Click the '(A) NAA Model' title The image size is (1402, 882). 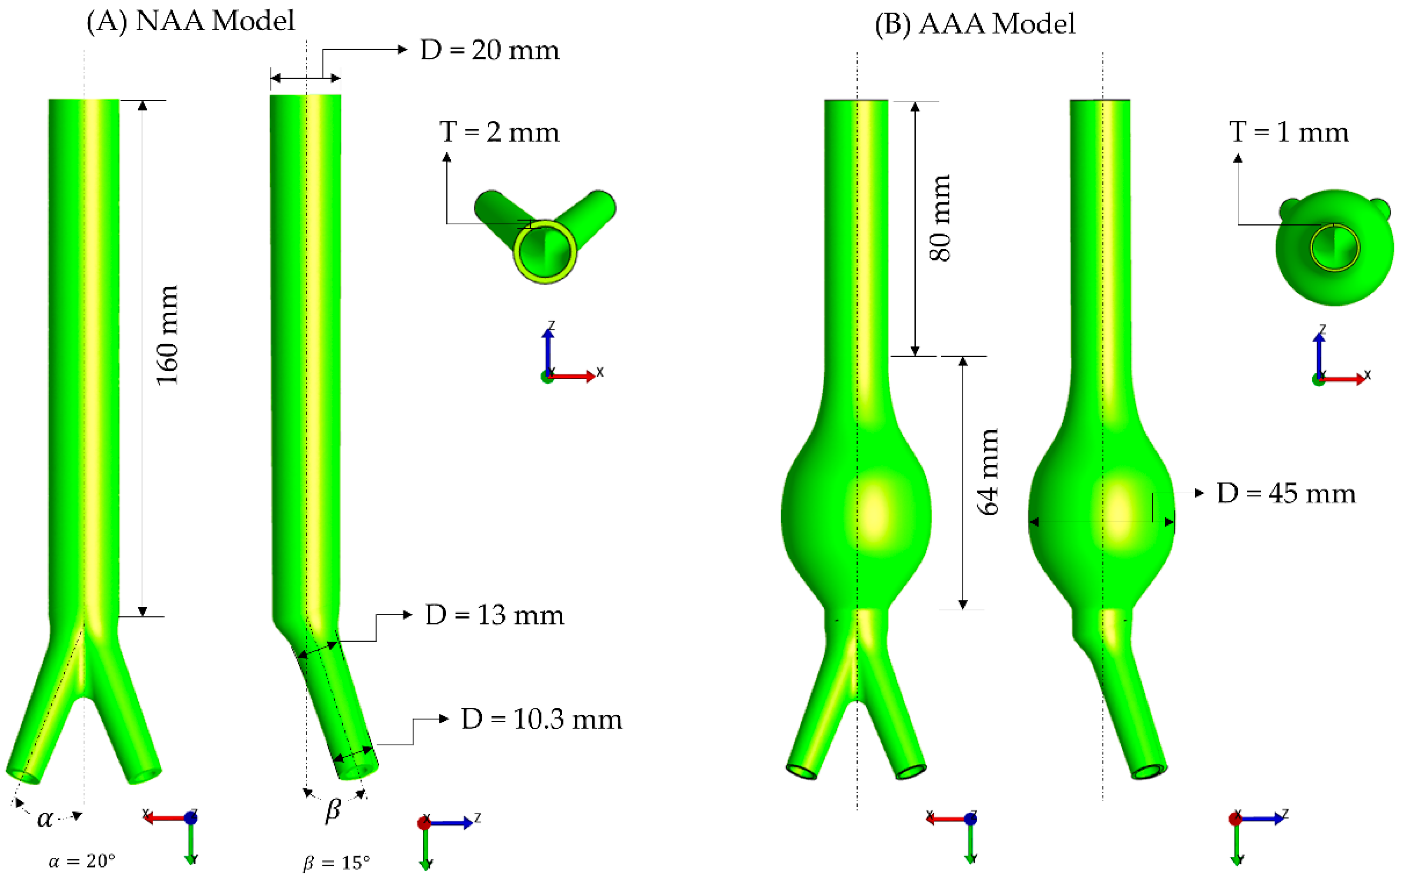coord(191,21)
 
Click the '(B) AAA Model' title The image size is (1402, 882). coord(975,24)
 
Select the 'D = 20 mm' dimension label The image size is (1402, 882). coord(490,51)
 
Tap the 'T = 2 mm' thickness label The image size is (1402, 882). coord(500,133)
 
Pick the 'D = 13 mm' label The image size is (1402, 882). coord(494,616)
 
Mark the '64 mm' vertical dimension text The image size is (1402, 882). coord(988,472)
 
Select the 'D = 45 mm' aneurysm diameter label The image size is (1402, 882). coord(1286,494)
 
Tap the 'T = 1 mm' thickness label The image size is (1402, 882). coord(1289,133)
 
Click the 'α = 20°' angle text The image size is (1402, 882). coord(82,861)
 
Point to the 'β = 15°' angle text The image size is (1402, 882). coord(337,862)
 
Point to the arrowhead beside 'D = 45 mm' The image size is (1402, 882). coord(1199,493)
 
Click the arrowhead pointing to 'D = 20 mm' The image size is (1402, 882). coord(402,50)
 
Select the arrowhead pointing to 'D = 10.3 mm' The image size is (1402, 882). coord(444,719)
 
